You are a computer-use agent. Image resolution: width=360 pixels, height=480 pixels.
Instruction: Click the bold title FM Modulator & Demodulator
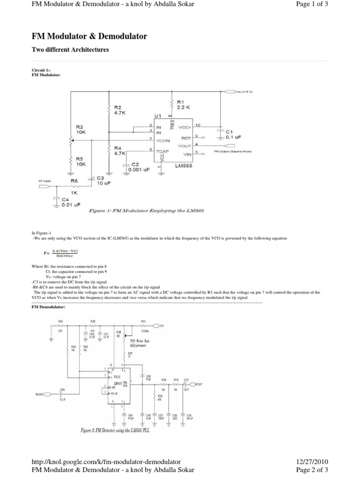[89, 36]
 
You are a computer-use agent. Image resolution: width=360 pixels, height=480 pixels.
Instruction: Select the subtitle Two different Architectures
[70, 49]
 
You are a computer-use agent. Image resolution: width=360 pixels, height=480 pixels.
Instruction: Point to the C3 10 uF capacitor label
[104, 180]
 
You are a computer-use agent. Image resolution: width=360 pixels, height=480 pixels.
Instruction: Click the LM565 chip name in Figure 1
[184, 165]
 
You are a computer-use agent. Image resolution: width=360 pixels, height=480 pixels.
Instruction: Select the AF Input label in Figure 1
[45, 180]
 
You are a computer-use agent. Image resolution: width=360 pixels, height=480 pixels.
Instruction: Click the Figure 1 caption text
[146, 211]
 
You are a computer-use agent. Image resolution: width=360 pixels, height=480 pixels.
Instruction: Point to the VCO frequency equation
[61, 253]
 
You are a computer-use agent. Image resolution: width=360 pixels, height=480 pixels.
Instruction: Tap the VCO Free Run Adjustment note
[138, 343]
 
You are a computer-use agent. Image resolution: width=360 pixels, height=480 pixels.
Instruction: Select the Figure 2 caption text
[115, 431]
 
